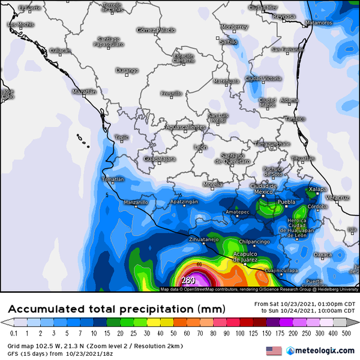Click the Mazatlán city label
pos(83,92)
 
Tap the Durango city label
pos(127,70)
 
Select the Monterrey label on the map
pos(234,27)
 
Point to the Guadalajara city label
pos(160,158)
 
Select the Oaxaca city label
pos(323,254)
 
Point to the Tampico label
pos(295,119)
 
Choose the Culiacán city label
pos(60,50)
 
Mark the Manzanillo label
pos(136,202)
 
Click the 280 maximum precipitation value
pos(188,280)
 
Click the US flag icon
pos(274,350)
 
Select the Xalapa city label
pos(317,190)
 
